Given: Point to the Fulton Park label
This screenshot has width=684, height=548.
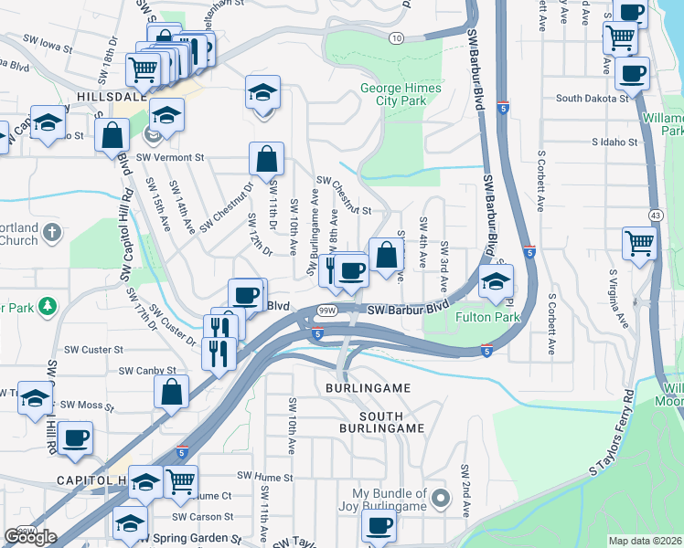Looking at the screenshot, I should [x=487, y=318].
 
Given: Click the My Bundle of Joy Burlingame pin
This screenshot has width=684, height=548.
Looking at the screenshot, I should [x=442, y=499].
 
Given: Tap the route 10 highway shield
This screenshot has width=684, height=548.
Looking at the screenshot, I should [x=395, y=37].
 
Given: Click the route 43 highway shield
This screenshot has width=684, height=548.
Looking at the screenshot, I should [x=657, y=214].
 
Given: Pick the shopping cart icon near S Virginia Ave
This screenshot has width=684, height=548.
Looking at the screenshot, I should [x=638, y=243].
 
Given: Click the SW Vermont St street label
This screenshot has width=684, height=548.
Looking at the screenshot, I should [x=170, y=157].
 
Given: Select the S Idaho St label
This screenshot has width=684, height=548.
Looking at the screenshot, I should [x=614, y=142].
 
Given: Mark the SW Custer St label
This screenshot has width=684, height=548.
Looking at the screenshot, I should [x=93, y=350].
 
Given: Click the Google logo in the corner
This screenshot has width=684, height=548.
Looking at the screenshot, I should [x=30, y=536].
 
